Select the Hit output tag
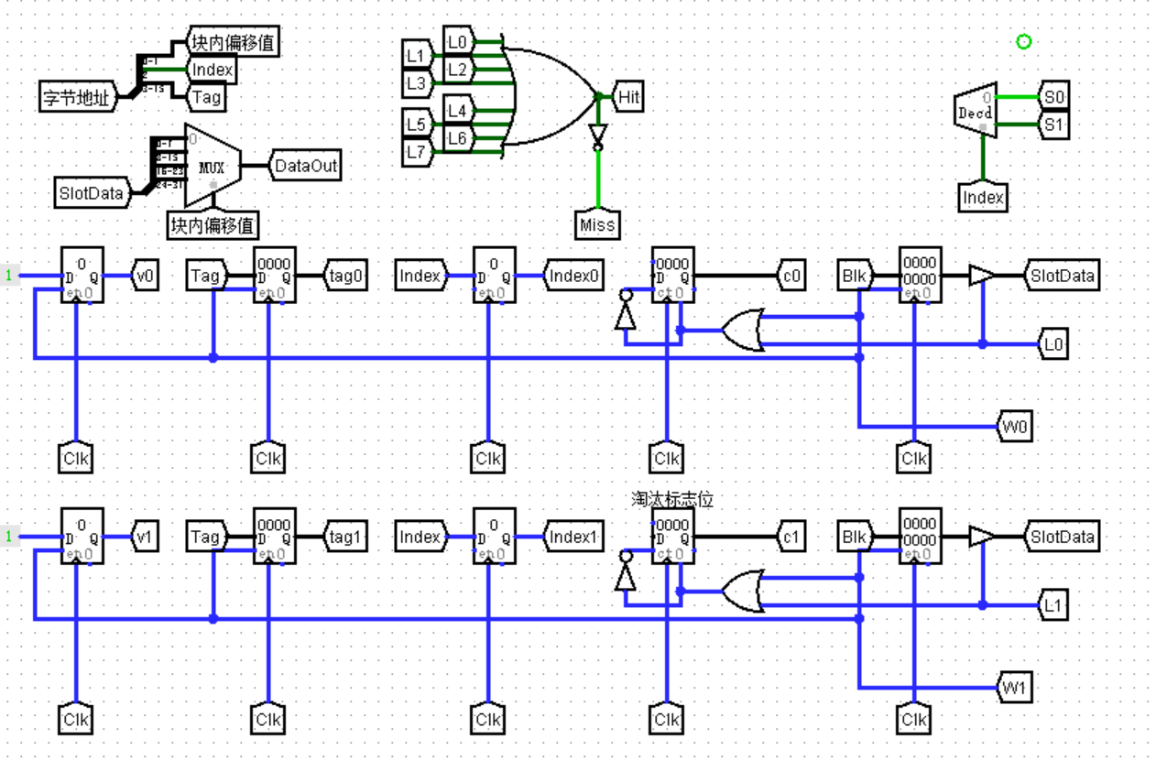coord(627,96)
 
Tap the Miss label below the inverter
coord(597,223)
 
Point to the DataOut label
coord(306,166)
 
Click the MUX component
coord(213,167)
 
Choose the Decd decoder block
coord(974,113)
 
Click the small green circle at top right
coord(1024,41)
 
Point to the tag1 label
coord(347,537)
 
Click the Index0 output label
coord(574,275)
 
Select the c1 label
coord(791,537)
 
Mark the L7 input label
coord(416,151)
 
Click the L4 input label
coord(457,110)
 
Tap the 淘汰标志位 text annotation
coord(671,499)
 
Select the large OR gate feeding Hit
coord(550,96)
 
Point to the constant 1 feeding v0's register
coord(10,275)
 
